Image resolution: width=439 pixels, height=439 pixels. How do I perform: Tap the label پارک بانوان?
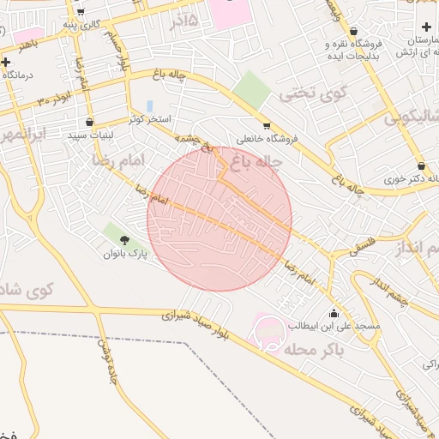click(126, 254)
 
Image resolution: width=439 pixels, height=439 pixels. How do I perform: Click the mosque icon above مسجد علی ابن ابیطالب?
click(334, 312)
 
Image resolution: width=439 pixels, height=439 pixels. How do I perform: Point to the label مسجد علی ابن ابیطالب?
click(329, 326)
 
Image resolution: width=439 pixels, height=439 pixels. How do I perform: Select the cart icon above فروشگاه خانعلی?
click(266, 124)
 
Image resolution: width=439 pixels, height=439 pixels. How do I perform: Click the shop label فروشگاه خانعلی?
click(267, 138)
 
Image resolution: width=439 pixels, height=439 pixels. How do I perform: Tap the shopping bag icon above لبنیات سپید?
click(89, 122)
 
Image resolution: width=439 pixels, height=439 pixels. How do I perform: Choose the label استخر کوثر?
click(149, 118)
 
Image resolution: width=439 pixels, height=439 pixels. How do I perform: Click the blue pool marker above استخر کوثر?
click(150, 105)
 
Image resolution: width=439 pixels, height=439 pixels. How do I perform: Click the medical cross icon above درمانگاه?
click(6, 62)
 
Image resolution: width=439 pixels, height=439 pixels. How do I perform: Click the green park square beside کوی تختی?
click(250, 89)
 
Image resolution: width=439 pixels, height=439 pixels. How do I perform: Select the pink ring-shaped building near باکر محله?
click(268, 333)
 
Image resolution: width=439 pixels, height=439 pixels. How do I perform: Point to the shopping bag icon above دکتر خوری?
click(421, 165)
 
